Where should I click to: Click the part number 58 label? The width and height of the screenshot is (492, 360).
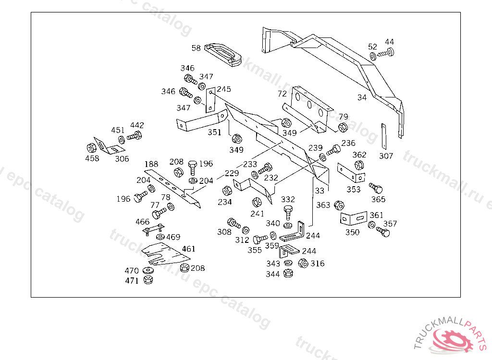pos(196,48)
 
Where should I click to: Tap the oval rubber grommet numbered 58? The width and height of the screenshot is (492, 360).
pos(224,54)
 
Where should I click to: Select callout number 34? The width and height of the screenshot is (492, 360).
pos(362,97)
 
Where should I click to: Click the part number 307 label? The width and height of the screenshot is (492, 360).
pos(386,156)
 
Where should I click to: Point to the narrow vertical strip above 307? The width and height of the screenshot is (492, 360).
pos(383,136)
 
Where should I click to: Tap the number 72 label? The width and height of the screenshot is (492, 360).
pos(282,93)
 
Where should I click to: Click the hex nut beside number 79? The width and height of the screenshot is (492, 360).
pos(343,127)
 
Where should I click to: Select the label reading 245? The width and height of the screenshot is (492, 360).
pos(223,89)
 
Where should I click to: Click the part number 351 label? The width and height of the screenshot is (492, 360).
pos(214,132)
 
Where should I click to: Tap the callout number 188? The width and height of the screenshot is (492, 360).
pos(151,165)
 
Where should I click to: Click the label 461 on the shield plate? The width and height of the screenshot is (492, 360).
pos(189,249)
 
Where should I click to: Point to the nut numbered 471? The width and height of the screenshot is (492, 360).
pos(148,280)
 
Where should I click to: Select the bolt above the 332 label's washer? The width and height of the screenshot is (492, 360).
pos(288,211)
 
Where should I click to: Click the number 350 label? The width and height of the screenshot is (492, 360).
pos(352,232)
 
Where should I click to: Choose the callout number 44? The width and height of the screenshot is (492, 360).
pos(389,42)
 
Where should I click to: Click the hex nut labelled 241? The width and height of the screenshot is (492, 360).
pos(257,202)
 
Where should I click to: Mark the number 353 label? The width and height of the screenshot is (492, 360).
pos(353,189)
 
